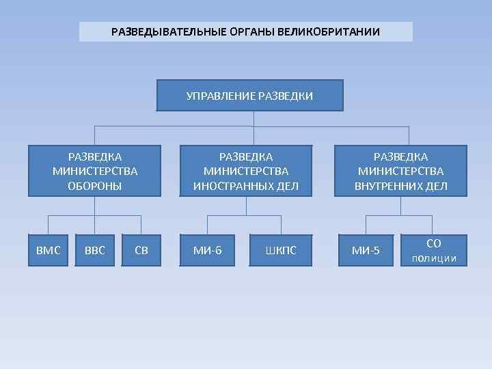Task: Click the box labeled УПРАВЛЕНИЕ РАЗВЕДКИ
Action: (x=249, y=95)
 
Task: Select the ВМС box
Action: (x=48, y=250)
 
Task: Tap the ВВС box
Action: (x=95, y=250)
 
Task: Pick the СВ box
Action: (x=141, y=250)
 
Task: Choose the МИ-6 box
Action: (x=207, y=250)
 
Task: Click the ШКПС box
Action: (x=281, y=250)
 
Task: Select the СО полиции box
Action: (x=433, y=250)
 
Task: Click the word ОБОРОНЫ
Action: (x=95, y=186)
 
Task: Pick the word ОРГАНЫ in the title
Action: (x=235, y=32)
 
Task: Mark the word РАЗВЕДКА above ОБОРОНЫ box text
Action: (x=95, y=157)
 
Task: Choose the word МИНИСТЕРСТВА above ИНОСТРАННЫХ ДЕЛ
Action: (x=246, y=172)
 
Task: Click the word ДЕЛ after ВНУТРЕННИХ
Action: (x=437, y=186)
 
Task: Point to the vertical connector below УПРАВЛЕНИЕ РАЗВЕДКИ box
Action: (x=253, y=118)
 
